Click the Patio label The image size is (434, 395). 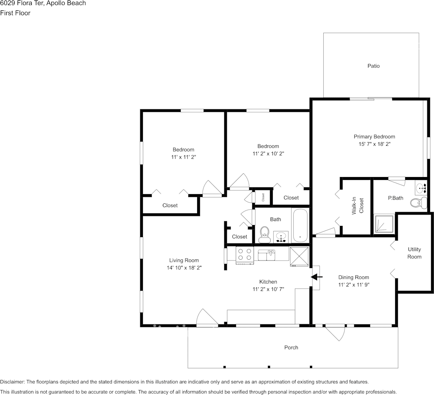pyautogui.click(x=373, y=66)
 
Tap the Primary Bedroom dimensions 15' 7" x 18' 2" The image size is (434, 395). pyautogui.click(x=374, y=144)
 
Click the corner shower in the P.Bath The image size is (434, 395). pyautogui.click(x=383, y=224)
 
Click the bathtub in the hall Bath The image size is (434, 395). pyautogui.click(x=300, y=226)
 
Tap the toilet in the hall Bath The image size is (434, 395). pyautogui.click(x=264, y=235)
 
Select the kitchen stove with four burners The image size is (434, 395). pyautogui.click(x=245, y=255)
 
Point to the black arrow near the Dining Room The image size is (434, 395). pyautogui.click(x=317, y=277)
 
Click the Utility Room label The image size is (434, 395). pyautogui.click(x=414, y=253)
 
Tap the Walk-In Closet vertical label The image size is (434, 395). pyautogui.click(x=358, y=206)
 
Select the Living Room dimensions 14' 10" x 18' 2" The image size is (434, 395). pyautogui.click(x=184, y=268)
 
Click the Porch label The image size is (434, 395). pyautogui.click(x=291, y=347)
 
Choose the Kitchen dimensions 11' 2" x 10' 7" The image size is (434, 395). pyautogui.click(x=268, y=289)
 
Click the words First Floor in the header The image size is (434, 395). pyautogui.click(x=15, y=13)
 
